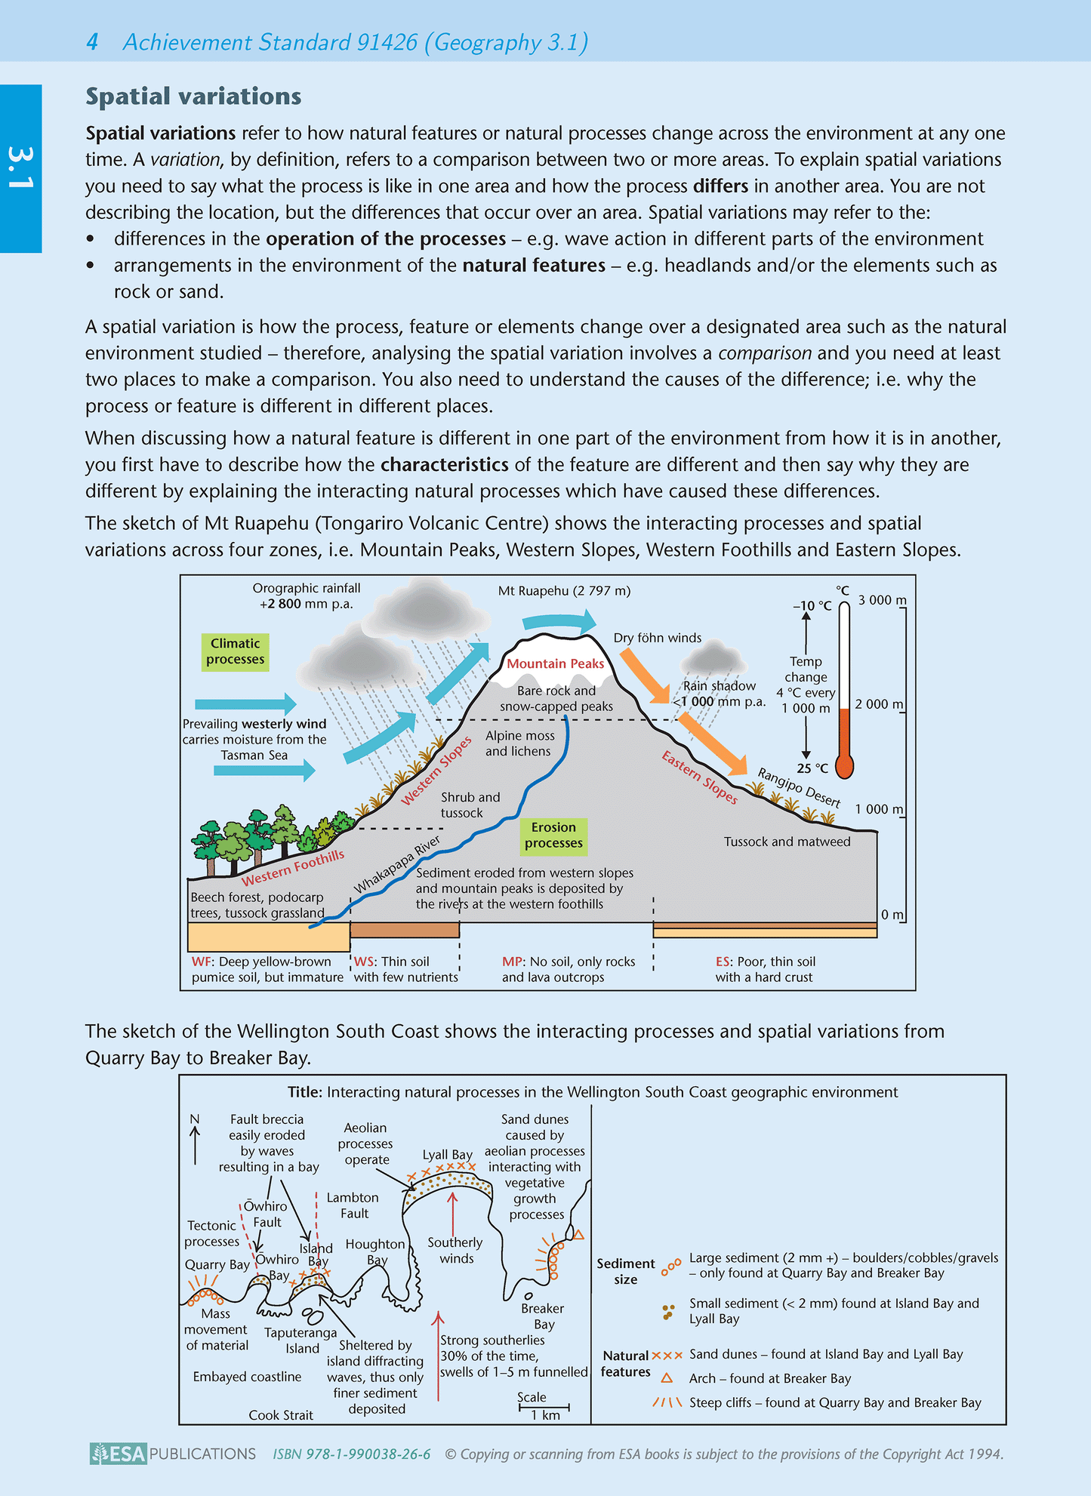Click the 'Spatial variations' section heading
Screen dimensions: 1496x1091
[193, 97]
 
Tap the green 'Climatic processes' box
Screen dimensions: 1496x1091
[235, 651]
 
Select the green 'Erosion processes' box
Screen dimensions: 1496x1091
[553, 835]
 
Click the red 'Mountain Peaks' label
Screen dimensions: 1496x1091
[555, 663]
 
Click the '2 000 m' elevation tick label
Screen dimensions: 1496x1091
[879, 704]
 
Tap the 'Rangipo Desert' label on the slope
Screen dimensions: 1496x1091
[798, 787]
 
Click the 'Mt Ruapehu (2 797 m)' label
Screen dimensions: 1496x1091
[564, 591]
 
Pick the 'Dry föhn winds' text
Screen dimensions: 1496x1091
[657, 638]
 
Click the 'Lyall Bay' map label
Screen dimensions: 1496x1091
[447, 1155]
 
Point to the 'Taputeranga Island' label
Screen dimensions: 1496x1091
[301, 1340]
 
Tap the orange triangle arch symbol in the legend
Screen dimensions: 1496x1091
[667, 1378]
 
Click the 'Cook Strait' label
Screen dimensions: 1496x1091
[281, 1415]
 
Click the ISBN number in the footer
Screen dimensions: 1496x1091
[352, 1454]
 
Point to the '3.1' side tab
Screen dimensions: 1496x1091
[20, 168]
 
